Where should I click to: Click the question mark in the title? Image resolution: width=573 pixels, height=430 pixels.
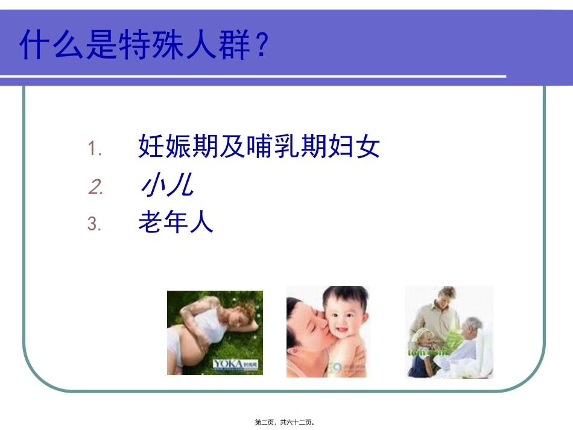coord(259,45)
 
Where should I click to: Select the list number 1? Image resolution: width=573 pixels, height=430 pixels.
coord(95,148)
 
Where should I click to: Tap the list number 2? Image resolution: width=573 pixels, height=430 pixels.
coord(95,188)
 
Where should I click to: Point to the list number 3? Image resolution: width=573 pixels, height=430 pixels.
coord(94,225)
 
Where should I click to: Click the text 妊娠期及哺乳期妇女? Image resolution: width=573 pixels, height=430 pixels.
coord(259,147)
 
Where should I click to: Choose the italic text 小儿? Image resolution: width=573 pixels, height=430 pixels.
coord(165,186)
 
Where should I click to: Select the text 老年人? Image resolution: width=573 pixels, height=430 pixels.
coord(176,224)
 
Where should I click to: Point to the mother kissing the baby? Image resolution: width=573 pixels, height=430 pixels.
coord(308,329)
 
